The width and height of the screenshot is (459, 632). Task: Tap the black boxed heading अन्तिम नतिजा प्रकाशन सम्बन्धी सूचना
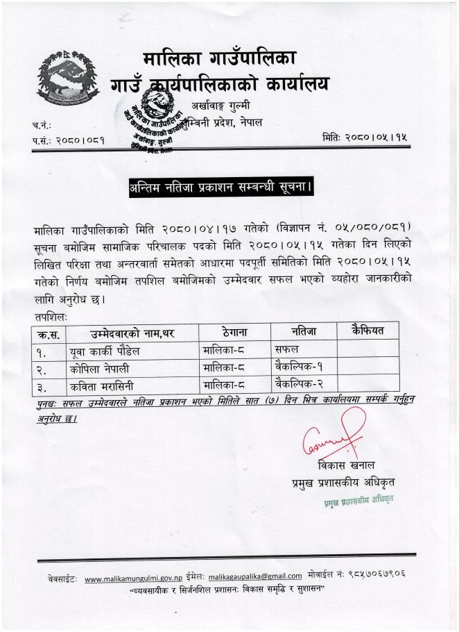click(x=219, y=188)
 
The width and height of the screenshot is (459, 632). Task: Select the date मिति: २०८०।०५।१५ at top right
click(x=365, y=138)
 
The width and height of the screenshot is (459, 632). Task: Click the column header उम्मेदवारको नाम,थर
click(x=131, y=333)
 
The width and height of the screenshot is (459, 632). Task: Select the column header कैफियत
click(x=367, y=330)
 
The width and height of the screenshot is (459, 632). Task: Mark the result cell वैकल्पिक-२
click(x=300, y=381)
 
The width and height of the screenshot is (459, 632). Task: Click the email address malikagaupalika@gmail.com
click(x=255, y=576)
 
